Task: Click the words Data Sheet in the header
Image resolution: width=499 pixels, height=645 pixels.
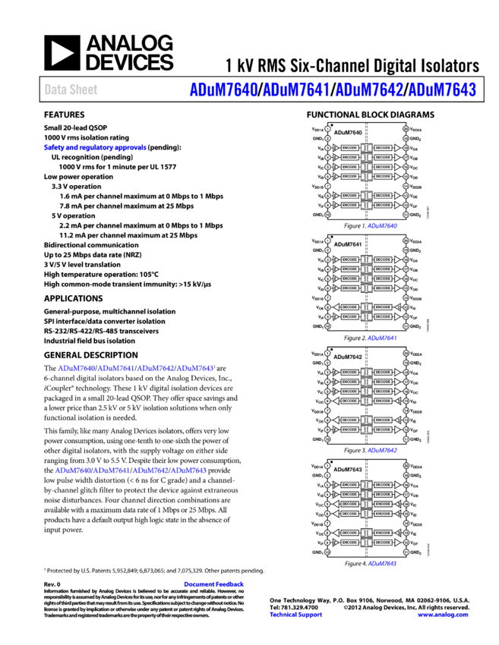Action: coord(71,90)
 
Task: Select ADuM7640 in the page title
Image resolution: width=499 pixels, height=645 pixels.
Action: coord(223,90)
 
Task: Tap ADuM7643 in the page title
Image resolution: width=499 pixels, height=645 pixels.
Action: coord(441,90)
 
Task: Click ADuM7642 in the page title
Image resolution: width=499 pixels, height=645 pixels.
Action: coord(369,90)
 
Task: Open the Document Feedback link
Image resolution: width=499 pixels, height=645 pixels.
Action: coord(214,584)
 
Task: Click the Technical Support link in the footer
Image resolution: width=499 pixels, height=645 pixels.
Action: coord(295,615)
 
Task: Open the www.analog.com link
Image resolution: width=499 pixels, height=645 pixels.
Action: coord(443,615)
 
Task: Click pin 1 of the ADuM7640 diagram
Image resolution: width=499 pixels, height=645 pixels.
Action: coord(327,129)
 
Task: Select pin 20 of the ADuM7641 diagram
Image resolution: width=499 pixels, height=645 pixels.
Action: coord(406,241)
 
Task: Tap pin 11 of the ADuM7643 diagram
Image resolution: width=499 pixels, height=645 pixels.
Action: coord(406,552)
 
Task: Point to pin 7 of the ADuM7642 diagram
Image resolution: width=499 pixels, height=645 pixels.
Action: coord(327,411)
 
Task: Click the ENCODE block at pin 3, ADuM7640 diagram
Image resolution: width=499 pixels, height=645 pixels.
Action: coord(349,148)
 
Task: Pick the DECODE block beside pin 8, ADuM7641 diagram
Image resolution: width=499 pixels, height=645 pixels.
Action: coord(349,307)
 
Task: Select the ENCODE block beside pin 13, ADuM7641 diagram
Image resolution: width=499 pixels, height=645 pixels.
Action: coord(383,307)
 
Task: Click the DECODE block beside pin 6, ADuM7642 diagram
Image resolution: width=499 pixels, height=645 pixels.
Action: coord(349,401)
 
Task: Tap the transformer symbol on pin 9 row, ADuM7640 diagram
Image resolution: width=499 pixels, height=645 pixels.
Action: coord(366,205)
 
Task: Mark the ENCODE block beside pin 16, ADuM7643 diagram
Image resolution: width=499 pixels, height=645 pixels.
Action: coord(383,504)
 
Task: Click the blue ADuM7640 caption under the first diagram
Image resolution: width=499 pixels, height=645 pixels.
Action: coord(382,226)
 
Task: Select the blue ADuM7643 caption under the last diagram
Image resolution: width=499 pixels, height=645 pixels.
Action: coord(382,564)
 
